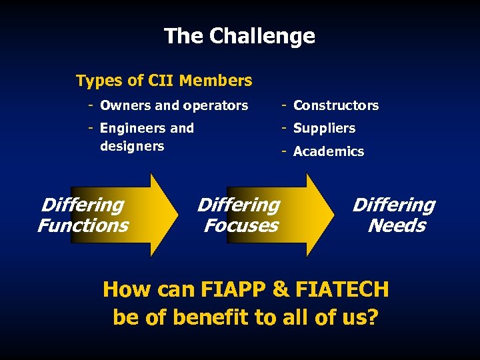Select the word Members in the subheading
tap(216, 81)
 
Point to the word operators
tap(215, 105)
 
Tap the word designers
tap(131, 146)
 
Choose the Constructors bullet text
tap(335, 105)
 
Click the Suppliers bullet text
tap(324, 128)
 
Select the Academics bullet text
tap(328, 151)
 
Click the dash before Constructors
tap(284, 105)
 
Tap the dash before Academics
tap(284, 151)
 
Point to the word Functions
tap(83, 225)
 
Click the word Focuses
tap(241, 225)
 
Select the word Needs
tap(397, 225)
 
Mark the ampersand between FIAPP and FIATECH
tap(281, 289)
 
